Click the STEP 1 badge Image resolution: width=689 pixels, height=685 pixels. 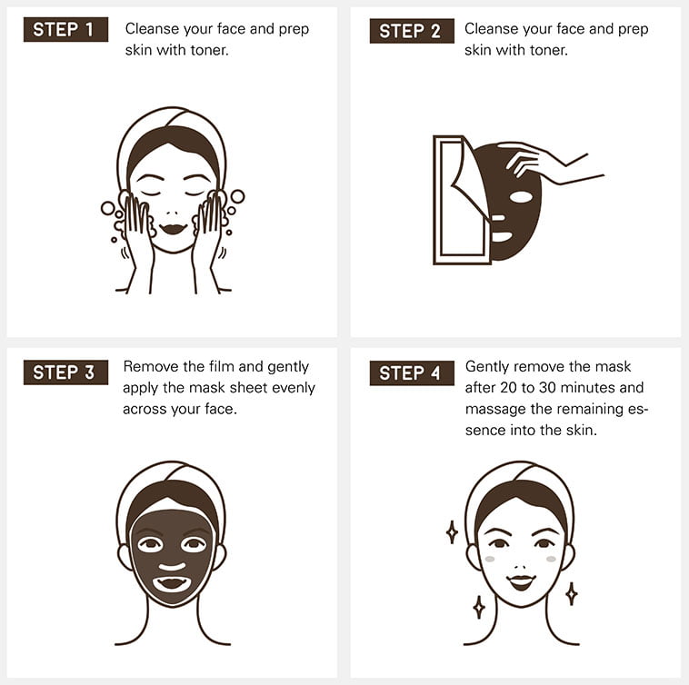click(65, 29)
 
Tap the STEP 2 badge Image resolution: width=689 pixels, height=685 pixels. click(412, 31)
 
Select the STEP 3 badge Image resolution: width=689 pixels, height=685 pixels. click(65, 372)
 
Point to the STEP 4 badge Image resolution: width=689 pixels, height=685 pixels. click(412, 373)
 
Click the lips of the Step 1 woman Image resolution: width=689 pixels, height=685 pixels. click(173, 229)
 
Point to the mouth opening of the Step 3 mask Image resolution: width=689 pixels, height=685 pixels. click(172, 583)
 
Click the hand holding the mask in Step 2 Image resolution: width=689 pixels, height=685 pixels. click(549, 162)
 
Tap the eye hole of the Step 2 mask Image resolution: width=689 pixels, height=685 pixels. click(521, 197)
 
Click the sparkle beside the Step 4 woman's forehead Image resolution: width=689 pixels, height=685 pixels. click(452, 531)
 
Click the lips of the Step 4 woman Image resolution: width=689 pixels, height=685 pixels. click(521, 582)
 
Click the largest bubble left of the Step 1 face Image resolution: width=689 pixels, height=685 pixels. click(107, 208)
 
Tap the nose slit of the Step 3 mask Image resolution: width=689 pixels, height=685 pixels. click(172, 566)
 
